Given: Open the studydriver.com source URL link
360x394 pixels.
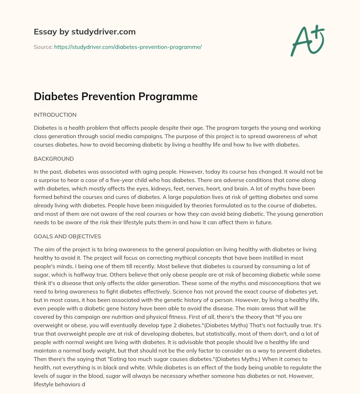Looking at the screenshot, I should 128,47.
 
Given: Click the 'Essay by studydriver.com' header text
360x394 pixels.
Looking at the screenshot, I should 84,32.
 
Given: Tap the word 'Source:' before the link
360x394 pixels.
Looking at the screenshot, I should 43,47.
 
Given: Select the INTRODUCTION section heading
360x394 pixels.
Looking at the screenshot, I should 55,115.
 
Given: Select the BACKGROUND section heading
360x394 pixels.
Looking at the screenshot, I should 53,159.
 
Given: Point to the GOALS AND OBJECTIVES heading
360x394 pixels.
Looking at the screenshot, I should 67,237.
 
